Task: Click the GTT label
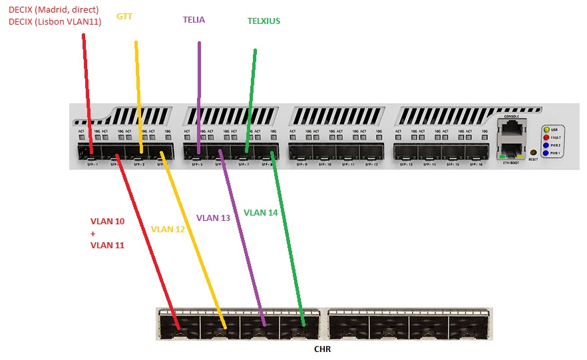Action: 124,15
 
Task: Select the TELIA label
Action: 194,20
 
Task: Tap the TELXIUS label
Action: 264,21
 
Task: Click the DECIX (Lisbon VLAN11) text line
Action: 55,22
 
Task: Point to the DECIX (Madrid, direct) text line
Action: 53,10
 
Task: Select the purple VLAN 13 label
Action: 213,218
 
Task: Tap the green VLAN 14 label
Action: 260,213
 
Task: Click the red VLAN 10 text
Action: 107,222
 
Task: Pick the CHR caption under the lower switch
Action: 323,349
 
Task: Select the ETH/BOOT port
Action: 510,150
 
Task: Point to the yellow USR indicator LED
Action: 546,129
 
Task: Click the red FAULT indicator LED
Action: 546,137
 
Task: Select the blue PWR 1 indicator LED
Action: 546,153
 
